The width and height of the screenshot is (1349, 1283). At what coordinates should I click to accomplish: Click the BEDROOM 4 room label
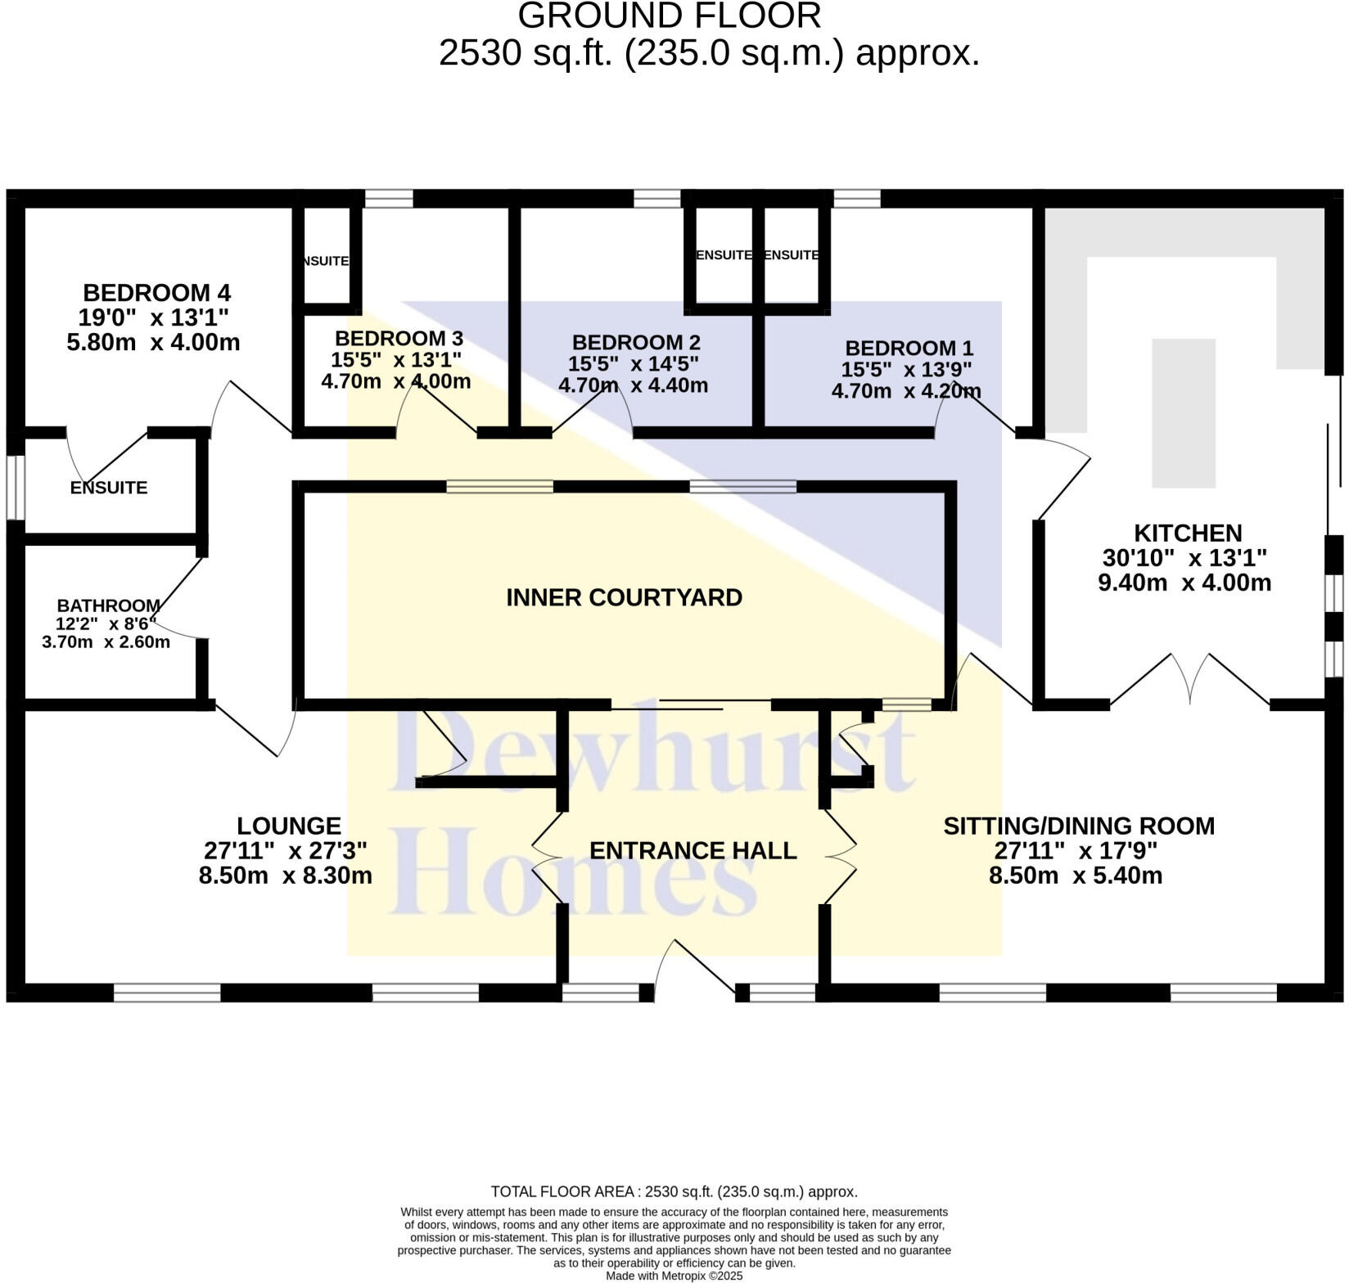coord(156,292)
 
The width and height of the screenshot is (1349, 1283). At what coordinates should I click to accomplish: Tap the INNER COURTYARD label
coord(624,597)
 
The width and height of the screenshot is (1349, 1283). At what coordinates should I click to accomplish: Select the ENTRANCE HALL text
coord(693,850)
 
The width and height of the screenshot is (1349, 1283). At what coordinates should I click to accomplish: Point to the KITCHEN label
coord(1188,533)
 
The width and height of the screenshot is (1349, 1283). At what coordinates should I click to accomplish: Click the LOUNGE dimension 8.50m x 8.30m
coord(285,876)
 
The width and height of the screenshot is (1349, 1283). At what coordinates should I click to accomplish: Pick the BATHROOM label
coord(108,605)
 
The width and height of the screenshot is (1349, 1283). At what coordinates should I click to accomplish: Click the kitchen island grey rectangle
coord(1183,413)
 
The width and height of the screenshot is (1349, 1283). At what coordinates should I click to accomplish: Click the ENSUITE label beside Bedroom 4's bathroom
coord(108,488)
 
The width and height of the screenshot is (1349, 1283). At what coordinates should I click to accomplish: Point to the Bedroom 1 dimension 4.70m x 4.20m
coord(905,391)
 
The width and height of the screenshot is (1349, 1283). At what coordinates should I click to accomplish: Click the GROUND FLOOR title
coord(669,16)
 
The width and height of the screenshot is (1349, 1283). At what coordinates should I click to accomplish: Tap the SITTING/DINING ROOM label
coord(1078,826)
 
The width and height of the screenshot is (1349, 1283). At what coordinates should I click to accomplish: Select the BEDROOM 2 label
coord(635,342)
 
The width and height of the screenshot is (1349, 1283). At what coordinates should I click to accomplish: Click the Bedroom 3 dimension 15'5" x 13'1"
coord(396,359)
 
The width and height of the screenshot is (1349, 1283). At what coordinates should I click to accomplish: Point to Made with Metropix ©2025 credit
coord(674,1276)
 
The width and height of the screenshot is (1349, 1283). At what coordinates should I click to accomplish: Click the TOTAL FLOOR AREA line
coord(674,1191)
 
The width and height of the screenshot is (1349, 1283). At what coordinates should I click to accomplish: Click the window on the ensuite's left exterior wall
coord(16,488)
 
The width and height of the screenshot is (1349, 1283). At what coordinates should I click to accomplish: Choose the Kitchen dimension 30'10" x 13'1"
coord(1184,558)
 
